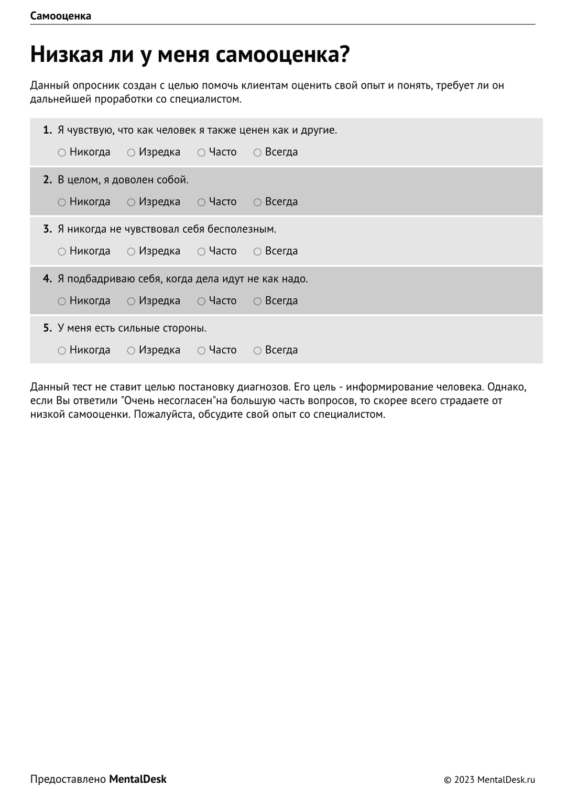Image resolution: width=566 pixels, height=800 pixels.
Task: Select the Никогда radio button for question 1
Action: (x=62, y=153)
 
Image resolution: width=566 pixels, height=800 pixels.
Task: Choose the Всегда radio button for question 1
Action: (x=257, y=153)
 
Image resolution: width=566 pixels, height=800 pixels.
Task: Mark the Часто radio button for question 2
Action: (x=201, y=202)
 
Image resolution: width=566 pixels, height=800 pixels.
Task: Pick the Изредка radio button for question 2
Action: (x=131, y=202)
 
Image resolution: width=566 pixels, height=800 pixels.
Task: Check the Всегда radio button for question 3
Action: (x=257, y=252)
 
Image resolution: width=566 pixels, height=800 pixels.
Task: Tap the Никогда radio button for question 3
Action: (x=62, y=252)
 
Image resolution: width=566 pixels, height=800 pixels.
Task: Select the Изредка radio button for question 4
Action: (x=131, y=301)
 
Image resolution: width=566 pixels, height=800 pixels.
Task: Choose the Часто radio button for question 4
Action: (x=201, y=301)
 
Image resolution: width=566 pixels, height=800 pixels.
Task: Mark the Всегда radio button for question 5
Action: (x=257, y=351)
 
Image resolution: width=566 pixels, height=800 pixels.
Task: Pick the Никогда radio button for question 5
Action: (x=62, y=351)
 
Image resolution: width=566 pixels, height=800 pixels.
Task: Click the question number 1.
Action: (x=47, y=130)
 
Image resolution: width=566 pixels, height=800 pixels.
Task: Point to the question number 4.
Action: (x=47, y=279)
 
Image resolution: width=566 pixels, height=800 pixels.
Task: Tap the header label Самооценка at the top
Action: (x=60, y=16)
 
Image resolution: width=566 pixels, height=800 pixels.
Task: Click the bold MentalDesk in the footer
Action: (x=137, y=780)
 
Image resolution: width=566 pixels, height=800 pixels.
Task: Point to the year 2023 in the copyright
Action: (x=464, y=780)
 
